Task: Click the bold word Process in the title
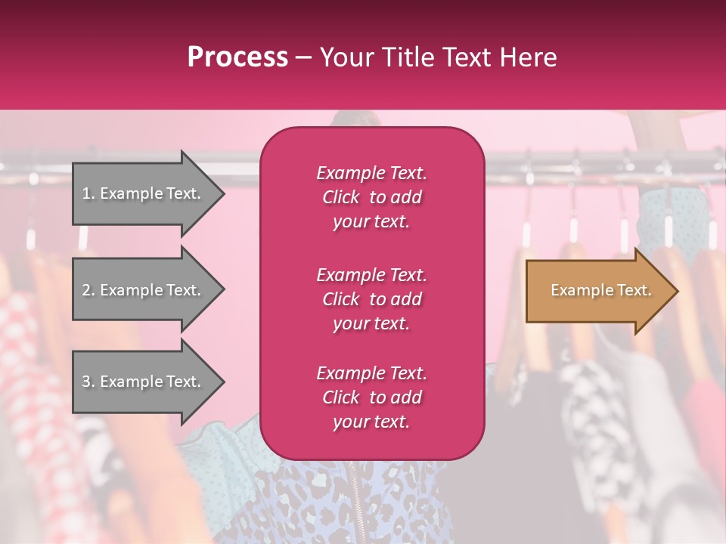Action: (237, 57)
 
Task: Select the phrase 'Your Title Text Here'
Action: (438, 57)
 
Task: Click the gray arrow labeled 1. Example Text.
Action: (144, 193)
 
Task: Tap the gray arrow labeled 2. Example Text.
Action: (144, 290)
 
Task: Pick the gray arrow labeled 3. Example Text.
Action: (144, 382)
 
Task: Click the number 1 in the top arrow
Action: (86, 193)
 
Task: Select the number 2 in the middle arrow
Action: (86, 290)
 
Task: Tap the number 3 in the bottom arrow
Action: (86, 382)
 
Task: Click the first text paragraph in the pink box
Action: (371, 197)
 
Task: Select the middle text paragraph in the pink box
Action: (371, 299)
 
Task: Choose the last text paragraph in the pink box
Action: (371, 397)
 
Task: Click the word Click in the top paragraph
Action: (341, 197)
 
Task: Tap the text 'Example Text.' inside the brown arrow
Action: (600, 290)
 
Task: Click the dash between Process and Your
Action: (304, 57)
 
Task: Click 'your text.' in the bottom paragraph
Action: (371, 422)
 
